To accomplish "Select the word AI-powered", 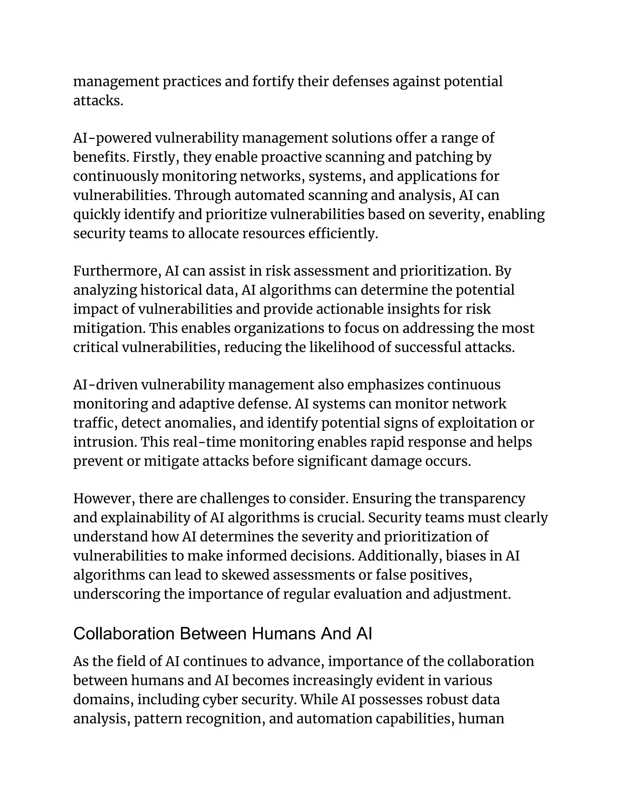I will click(112, 138).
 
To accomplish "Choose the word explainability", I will click(145, 518).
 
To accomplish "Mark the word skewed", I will click(245, 575).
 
